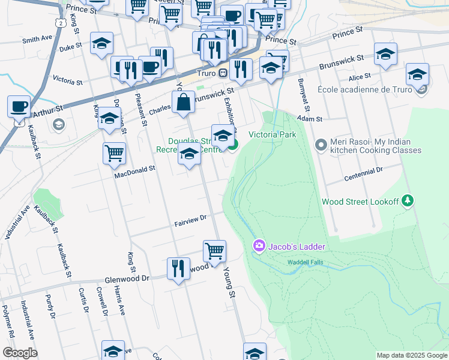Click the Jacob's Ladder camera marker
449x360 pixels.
259,245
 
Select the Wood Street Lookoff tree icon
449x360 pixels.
408,200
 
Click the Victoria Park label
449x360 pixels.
273,135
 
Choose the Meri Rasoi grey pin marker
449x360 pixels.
321,145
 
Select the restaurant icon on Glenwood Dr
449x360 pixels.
178,269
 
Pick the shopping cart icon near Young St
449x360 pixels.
214,251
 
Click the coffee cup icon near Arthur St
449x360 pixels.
19,107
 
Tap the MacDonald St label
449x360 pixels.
136,171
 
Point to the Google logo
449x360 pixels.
20,353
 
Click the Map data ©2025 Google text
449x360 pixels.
411,355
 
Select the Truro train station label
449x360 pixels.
205,73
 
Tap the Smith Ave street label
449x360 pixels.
37,40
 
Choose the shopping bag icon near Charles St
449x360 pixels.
183,103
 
